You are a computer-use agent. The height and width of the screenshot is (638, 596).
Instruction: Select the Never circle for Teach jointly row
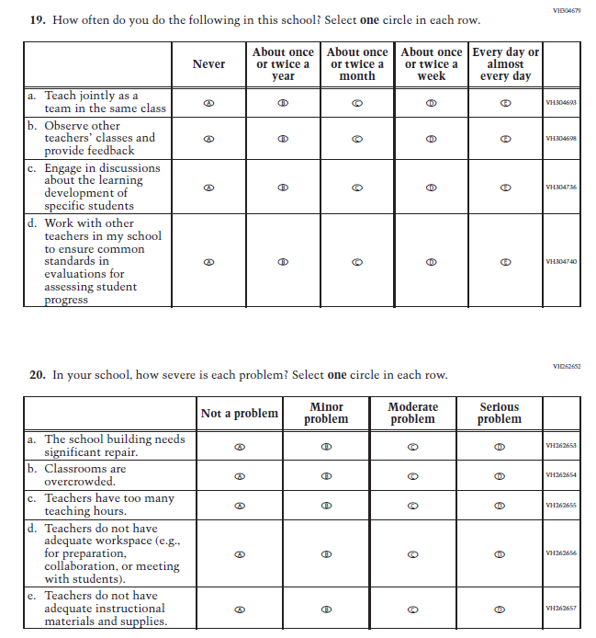click(x=208, y=103)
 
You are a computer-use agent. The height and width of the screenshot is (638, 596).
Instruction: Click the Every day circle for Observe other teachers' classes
click(x=504, y=139)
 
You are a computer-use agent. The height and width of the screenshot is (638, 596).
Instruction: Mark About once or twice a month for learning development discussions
click(x=357, y=187)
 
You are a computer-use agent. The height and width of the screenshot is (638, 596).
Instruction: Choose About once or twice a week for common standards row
click(x=431, y=261)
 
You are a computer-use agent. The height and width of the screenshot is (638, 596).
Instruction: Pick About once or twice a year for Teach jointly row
click(x=283, y=103)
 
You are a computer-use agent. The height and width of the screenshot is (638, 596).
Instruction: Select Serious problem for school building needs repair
click(x=500, y=447)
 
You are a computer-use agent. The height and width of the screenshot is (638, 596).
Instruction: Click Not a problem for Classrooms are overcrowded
click(x=240, y=476)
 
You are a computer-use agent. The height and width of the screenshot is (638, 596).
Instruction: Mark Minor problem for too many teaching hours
click(x=326, y=506)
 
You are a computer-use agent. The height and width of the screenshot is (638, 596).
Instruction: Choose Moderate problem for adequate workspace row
click(x=412, y=554)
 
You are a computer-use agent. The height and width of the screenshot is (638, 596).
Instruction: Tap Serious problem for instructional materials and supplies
click(x=500, y=610)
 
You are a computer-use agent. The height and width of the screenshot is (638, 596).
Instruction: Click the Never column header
click(x=208, y=63)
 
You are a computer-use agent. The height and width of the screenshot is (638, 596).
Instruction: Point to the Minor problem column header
click(x=326, y=413)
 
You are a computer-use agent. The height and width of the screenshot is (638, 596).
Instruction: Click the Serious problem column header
click(x=500, y=413)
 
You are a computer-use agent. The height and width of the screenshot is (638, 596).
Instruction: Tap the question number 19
click(x=38, y=20)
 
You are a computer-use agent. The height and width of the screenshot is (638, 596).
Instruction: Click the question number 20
click(x=38, y=375)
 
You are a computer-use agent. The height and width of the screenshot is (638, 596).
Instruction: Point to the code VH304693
click(x=560, y=103)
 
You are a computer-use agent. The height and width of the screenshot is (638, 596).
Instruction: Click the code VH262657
click(x=560, y=610)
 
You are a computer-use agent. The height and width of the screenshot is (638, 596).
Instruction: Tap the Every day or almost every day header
click(x=504, y=63)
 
